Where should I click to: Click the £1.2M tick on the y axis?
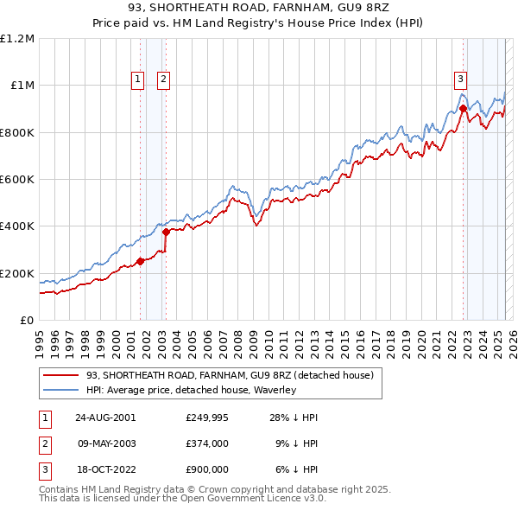[x=17, y=38]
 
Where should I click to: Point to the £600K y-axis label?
[x=17, y=179]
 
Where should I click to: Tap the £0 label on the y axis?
[x=28, y=320]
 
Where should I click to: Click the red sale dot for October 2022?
[x=463, y=109]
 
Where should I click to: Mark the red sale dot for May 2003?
[x=166, y=232]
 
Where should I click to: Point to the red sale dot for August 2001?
[x=140, y=261]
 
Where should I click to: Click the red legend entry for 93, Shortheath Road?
[x=229, y=375]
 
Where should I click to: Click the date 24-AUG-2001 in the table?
[x=105, y=418]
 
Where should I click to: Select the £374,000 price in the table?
[x=206, y=443]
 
